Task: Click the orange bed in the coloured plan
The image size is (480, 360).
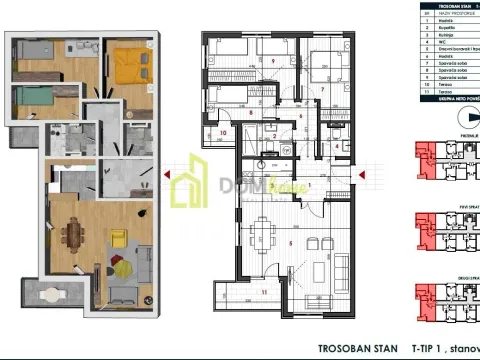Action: pyautogui.click(x=129, y=64)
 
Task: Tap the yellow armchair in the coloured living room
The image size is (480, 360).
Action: pyautogui.click(x=118, y=239)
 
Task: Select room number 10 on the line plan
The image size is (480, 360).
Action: pyautogui.click(x=223, y=131)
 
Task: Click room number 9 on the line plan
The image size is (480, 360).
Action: pyautogui.click(x=273, y=60)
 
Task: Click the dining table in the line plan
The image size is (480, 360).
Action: pyautogui.click(x=264, y=238)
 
